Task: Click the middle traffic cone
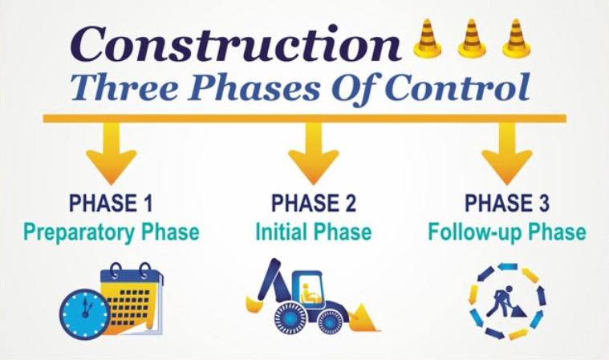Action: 473,39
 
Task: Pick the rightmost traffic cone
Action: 517,39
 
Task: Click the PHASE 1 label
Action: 111,202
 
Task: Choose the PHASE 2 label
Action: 313,202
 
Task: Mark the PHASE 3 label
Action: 506,202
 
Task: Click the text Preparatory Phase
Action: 111,233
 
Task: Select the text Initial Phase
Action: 313,233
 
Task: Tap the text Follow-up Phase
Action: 506,233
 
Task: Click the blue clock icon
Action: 85,313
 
